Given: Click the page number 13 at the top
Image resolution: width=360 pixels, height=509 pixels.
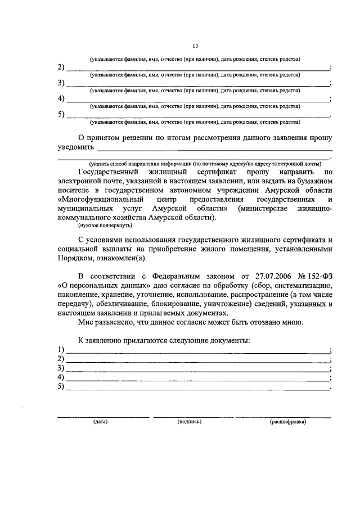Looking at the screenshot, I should [195, 47].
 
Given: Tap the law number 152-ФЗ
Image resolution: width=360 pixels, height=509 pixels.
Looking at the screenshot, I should [316, 275].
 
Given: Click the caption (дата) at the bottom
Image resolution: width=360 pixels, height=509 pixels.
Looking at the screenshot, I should [101, 421].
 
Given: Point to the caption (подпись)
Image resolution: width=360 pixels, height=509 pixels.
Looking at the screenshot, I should [189, 421].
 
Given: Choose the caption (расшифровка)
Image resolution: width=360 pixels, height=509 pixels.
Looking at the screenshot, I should [287, 421].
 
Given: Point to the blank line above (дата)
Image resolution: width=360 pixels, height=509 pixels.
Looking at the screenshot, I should [103, 416].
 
